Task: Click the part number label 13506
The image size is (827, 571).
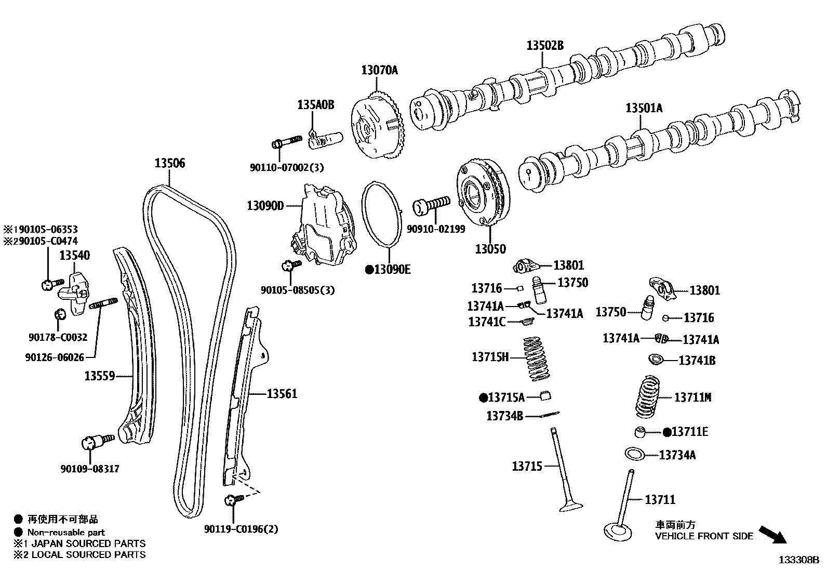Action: point(169,163)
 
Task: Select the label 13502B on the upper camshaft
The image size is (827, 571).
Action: point(544,45)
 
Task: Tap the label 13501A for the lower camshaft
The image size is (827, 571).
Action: point(644,108)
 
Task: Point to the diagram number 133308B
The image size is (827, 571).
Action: point(798,560)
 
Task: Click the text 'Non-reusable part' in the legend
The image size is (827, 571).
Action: point(66,532)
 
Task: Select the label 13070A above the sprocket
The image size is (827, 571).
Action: point(379,70)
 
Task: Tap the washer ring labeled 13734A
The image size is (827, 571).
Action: point(634,454)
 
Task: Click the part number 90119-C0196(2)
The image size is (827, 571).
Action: point(241,529)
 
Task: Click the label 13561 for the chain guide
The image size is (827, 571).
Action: point(282,394)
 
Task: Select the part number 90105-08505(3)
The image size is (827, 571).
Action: point(298,290)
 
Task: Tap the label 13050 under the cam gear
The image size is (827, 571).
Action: point(490,249)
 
